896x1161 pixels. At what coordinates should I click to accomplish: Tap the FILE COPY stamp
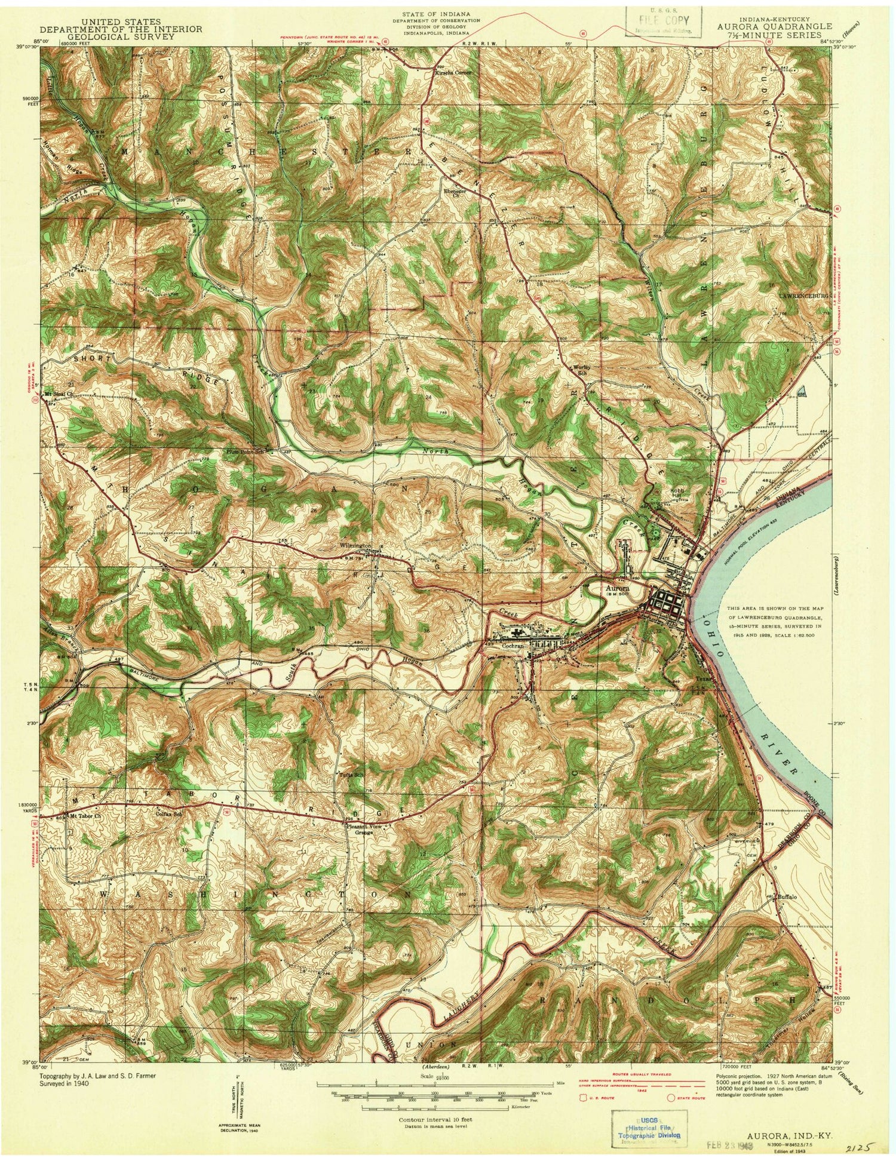point(664,21)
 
